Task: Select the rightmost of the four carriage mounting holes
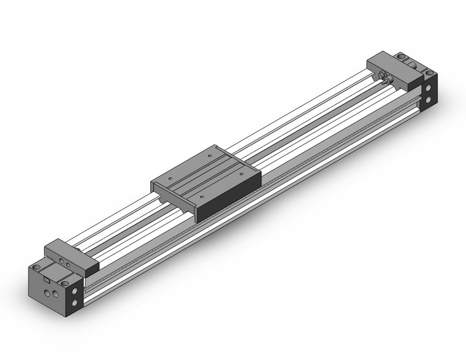[x=241, y=175]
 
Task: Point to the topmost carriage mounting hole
[x=210, y=156]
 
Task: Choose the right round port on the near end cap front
[x=56, y=295]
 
